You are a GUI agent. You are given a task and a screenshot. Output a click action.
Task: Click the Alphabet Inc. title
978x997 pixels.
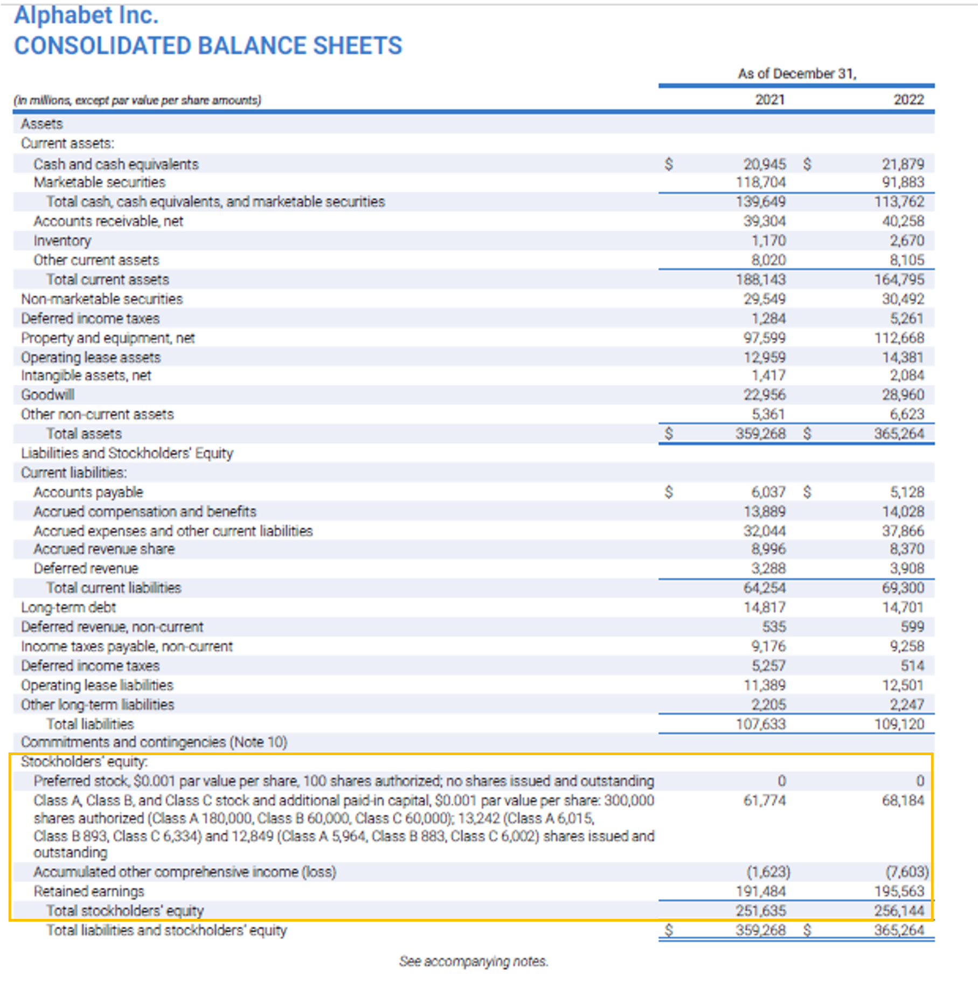[86, 15]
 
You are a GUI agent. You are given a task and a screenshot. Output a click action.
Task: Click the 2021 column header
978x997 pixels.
[769, 100]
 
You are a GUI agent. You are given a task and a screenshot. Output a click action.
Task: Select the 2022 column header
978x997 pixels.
[908, 100]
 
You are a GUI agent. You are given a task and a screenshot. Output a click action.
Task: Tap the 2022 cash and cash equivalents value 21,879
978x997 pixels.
[903, 164]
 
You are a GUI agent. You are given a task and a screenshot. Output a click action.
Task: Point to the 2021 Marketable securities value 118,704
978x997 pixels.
[761, 183]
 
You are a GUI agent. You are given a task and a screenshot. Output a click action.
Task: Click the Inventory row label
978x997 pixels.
[62, 241]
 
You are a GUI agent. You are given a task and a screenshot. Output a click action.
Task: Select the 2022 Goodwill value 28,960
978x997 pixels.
[903, 395]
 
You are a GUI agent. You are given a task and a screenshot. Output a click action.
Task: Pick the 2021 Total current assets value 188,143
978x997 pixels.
[761, 280]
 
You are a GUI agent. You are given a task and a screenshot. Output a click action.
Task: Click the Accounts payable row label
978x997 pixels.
[88, 492]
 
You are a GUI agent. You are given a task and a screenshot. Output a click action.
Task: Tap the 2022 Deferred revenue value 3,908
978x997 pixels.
[906, 568]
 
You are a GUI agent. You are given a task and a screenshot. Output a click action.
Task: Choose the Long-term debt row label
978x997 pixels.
[68, 608]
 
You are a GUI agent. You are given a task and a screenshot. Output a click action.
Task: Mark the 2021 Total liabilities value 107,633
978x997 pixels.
[761, 724]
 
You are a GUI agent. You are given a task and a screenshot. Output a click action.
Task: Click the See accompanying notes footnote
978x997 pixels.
[473, 961]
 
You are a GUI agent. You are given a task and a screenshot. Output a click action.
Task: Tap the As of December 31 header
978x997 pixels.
[796, 74]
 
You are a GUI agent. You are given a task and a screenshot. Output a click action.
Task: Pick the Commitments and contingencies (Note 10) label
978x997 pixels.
[154, 742]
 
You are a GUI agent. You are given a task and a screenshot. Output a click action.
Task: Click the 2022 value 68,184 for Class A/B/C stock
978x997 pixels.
[903, 800]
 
